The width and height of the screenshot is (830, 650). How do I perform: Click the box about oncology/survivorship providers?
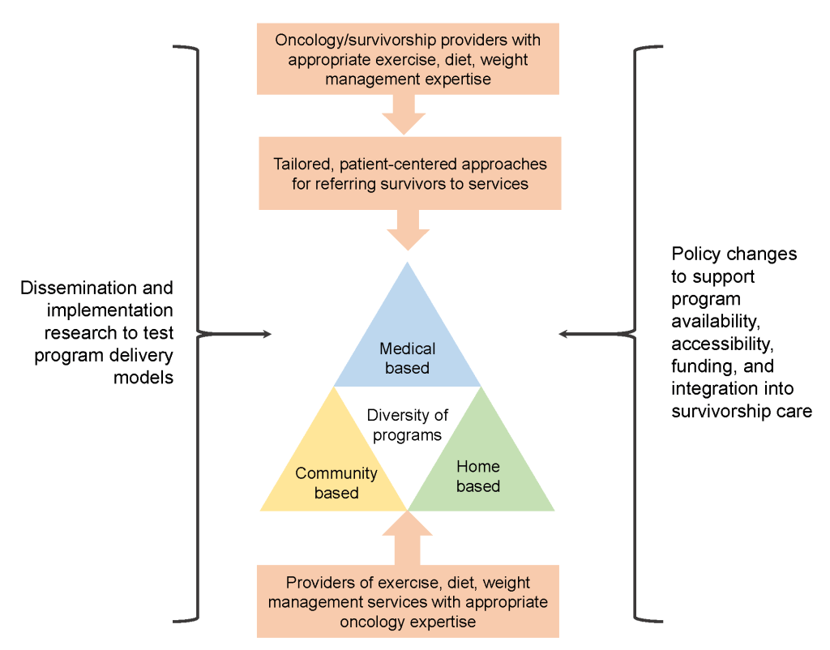tap(408, 59)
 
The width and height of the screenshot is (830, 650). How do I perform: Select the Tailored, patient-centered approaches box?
tap(409, 173)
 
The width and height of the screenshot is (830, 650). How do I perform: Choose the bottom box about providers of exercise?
tap(408, 602)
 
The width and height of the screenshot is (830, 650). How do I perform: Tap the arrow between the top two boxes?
tap(404, 114)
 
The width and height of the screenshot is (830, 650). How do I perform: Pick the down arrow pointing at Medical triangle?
tap(408, 230)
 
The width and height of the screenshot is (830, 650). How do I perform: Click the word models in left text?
tap(146, 378)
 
